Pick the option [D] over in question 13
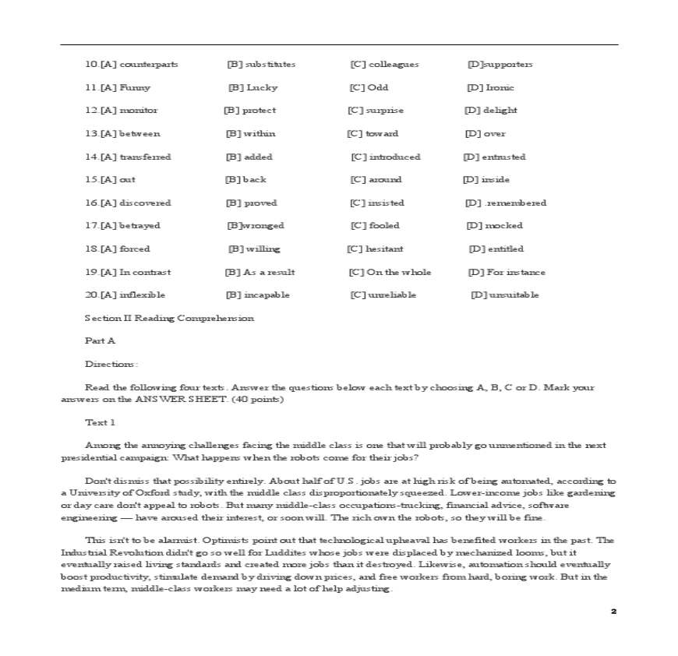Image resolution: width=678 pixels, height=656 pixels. (486, 133)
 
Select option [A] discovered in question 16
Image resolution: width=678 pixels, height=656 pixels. (136, 203)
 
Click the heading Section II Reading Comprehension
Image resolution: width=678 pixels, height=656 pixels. (169, 318)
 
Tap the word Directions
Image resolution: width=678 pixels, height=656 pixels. (111, 364)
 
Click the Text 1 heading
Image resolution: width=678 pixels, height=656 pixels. (101, 422)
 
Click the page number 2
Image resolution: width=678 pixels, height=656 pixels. (613, 612)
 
